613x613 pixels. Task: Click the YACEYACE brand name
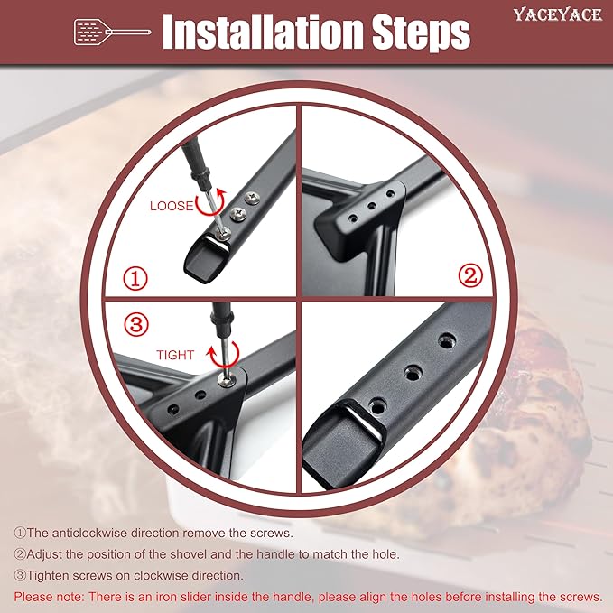(558, 14)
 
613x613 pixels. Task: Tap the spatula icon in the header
(112, 33)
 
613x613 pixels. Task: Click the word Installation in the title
(263, 33)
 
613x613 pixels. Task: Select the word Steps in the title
(421, 33)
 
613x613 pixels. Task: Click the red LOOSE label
(172, 206)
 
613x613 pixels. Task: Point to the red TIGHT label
(175, 355)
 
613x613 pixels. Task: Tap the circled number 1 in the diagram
(135, 279)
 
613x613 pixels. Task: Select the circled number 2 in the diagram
(470, 276)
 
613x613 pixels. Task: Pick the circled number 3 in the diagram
(136, 324)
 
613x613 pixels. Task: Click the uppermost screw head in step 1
(252, 198)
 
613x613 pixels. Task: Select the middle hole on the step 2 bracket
(371, 205)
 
